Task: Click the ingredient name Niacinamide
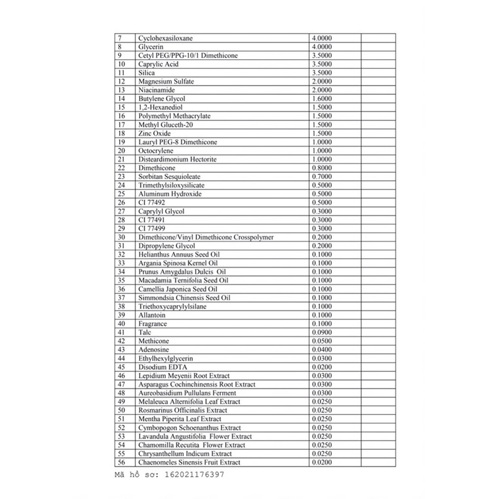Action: pos(156,90)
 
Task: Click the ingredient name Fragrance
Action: pos(153,324)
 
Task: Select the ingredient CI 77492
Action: pos(151,203)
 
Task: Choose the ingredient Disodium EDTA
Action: pos(159,367)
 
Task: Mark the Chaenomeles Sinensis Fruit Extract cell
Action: pos(189,462)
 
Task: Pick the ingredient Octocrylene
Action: pos(156,151)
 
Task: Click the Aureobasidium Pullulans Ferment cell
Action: pos(187,393)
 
